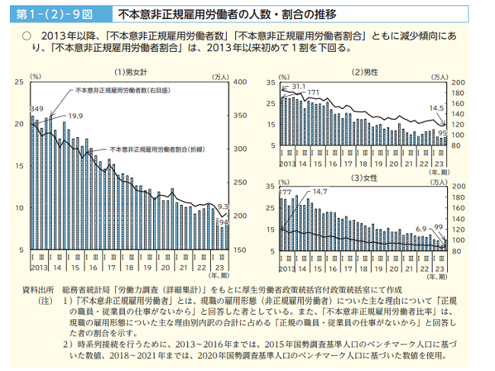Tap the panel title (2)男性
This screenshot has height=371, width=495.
click(x=364, y=72)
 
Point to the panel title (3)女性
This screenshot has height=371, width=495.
click(x=364, y=178)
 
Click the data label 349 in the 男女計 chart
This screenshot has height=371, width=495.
click(x=37, y=110)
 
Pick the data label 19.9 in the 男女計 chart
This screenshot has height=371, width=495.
click(x=75, y=115)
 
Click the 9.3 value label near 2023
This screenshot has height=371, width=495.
click(x=223, y=206)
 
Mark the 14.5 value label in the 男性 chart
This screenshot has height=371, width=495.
click(x=436, y=108)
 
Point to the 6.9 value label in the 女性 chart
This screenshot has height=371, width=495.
click(x=421, y=229)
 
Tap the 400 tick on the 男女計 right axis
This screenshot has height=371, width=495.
click(x=239, y=82)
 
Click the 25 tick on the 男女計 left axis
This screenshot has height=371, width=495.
click(x=19, y=82)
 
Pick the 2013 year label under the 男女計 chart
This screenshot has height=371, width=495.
click(x=39, y=267)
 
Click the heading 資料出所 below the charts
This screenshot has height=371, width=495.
click(x=37, y=290)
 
